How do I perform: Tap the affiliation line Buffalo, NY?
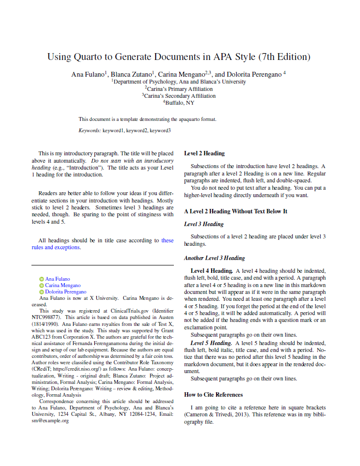pos(180,103)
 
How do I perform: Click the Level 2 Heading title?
pos(204,153)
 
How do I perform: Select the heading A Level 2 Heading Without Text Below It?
pos(235,211)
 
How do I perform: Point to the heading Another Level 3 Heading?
pos(214,258)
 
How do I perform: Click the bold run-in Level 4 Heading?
pos(211,271)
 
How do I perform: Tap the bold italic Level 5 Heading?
pos(211,343)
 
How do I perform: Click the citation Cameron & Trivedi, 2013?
pos(217,415)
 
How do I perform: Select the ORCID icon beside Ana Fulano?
pos(42,279)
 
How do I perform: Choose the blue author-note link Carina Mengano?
pos(63,286)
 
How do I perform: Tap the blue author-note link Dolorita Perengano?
pos(66,292)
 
